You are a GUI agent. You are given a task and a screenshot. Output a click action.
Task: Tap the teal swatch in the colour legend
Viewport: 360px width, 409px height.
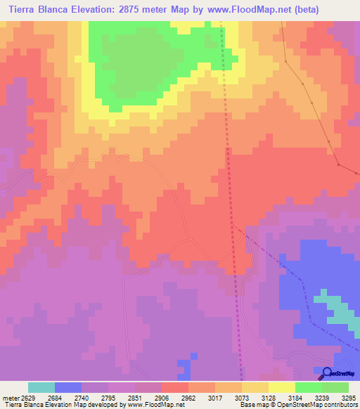[x=41, y=387]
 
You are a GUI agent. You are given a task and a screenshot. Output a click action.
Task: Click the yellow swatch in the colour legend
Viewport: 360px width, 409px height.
[x=282, y=387]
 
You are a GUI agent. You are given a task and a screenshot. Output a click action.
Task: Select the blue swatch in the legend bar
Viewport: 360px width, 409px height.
[x=68, y=387]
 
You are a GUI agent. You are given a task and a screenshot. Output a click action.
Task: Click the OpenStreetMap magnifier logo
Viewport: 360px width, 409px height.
[x=326, y=373]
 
